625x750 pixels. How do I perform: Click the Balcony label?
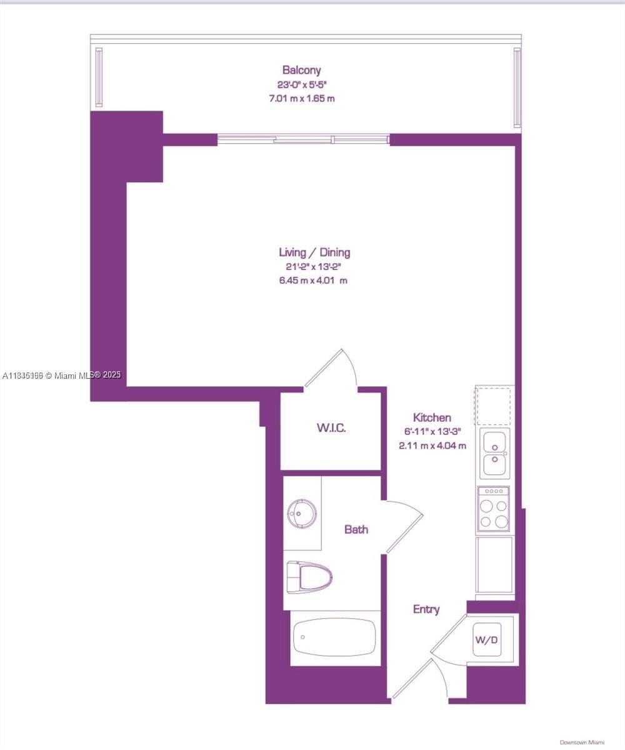[x=301, y=70]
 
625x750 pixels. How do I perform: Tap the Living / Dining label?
[x=314, y=252]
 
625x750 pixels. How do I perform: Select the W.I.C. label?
[x=331, y=428]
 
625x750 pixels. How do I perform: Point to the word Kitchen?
[x=432, y=417]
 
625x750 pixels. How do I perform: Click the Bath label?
[x=356, y=529]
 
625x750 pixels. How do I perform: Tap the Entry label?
[x=426, y=609]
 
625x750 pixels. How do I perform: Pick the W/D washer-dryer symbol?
[x=487, y=639]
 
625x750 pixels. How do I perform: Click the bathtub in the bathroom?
[x=334, y=637]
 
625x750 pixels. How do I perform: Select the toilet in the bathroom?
[x=308, y=577]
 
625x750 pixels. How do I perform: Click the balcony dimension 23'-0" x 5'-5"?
[x=302, y=84]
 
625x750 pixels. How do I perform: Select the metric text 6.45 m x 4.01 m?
[x=313, y=281]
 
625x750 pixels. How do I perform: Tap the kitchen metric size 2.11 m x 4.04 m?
[x=432, y=446]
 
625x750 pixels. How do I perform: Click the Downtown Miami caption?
[x=582, y=742]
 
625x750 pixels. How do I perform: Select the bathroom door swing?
[x=403, y=525]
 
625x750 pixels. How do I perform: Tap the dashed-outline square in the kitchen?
[x=494, y=406]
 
